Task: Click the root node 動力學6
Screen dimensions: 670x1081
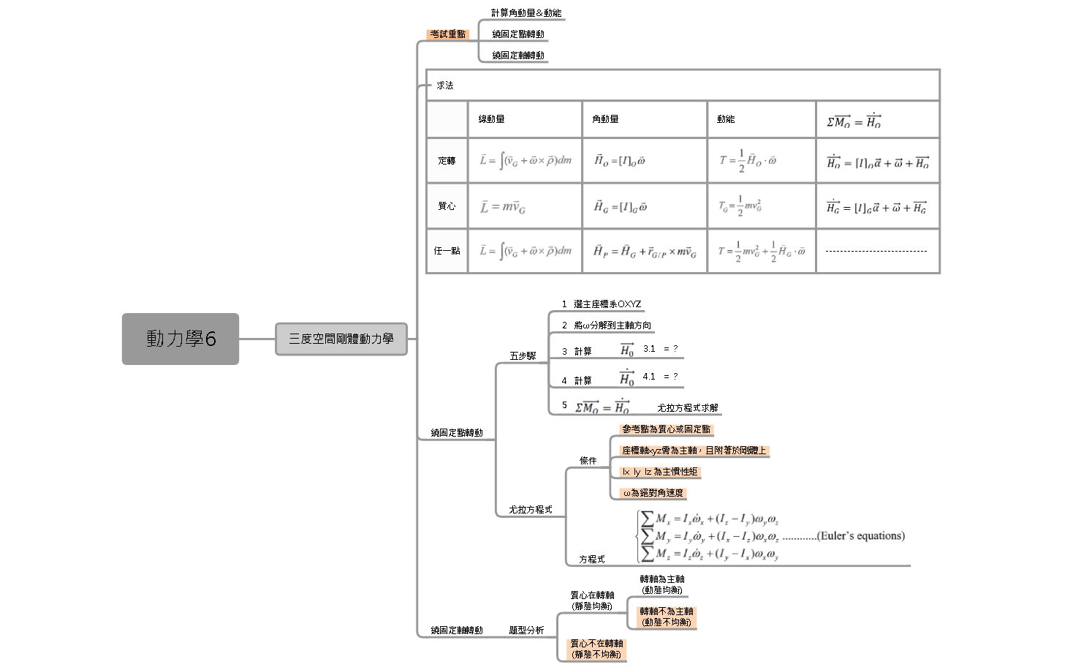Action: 181,339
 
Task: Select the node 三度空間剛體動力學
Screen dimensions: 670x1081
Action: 341,339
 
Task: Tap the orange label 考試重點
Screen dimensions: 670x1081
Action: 447,34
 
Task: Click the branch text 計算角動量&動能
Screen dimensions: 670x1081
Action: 526,13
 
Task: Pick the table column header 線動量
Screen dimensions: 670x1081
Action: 492,119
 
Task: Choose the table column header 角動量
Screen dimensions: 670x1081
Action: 605,119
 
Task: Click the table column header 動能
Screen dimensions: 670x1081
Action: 726,119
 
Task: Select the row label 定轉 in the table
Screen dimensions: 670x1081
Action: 447,161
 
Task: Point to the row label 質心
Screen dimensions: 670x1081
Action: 447,206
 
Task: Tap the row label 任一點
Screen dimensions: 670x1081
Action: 447,251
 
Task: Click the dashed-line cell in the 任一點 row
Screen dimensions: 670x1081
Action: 876,251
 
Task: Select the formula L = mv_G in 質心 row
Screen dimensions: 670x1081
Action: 503,207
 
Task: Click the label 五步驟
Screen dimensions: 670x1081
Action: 523,356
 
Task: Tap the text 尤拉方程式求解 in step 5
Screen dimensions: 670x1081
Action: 687,408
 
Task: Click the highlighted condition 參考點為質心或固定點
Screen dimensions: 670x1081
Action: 666,429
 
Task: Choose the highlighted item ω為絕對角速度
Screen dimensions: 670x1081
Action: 653,493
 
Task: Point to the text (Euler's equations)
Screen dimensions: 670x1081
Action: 861,536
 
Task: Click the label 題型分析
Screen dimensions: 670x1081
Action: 526,631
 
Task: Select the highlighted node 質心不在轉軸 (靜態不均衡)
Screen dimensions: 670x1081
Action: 597,649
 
